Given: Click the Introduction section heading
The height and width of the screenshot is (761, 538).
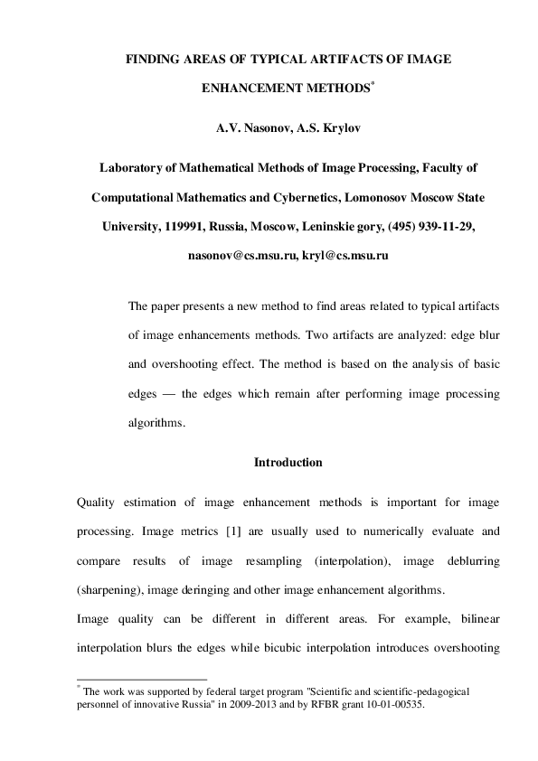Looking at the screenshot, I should tap(288, 463).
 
